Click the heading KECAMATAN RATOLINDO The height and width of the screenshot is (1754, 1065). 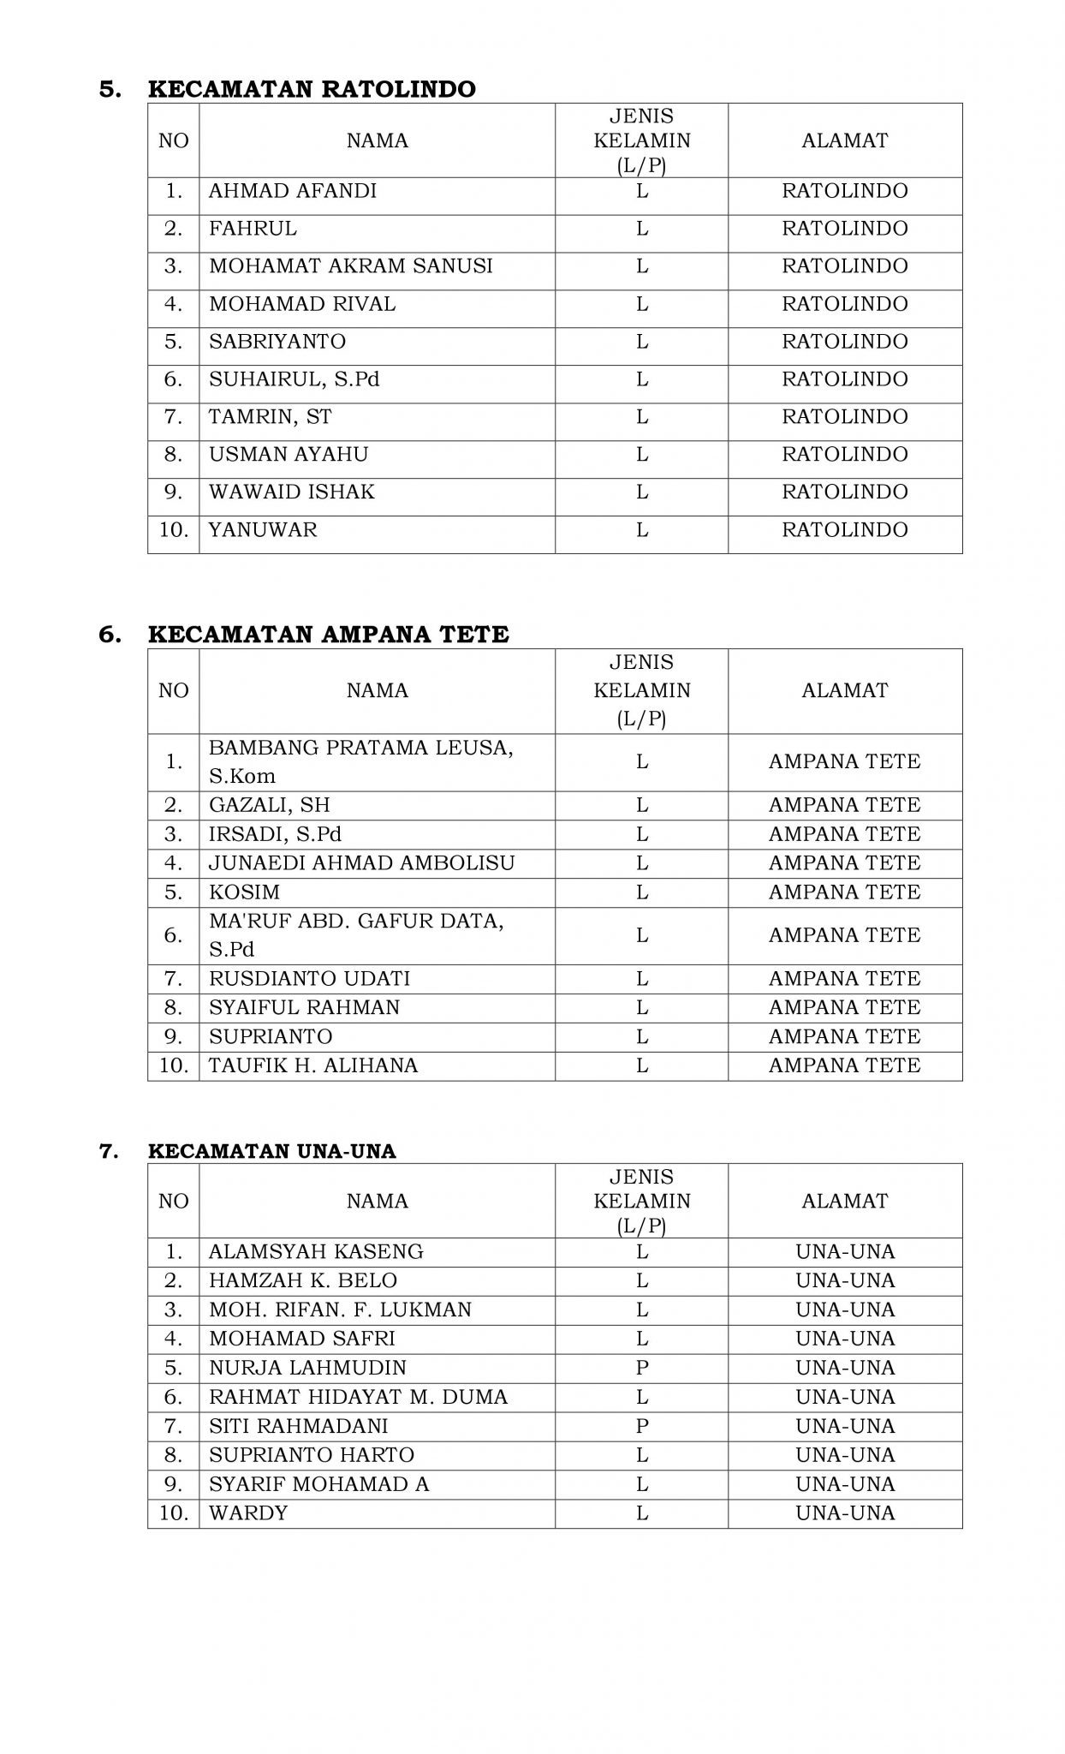click(312, 89)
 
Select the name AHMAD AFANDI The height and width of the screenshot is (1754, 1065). click(293, 191)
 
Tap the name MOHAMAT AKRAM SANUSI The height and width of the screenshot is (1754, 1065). click(351, 266)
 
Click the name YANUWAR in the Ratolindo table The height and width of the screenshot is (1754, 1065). click(263, 530)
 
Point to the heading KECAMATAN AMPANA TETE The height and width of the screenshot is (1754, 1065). click(328, 635)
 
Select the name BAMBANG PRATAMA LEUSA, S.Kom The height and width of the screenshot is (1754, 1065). click(360, 761)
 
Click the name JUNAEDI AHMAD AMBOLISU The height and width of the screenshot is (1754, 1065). click(362, 863)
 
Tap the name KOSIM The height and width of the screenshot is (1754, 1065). click(245, 892)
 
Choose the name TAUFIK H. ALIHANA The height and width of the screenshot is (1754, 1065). click(313, 1065)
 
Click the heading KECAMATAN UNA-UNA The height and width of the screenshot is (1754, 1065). click(272, 1151)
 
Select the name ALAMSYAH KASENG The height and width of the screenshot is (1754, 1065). click(316, 1252)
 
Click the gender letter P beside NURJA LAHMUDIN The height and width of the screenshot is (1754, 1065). click(642, 1368)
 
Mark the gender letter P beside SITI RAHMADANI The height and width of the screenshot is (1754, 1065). click(642, 1426)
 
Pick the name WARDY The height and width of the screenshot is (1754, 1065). click(248, 1513)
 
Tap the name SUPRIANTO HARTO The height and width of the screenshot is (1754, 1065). click(312, 1455)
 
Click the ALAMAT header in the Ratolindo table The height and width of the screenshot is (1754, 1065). click(844, 140)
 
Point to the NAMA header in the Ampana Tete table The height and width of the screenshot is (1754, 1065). click(378, 690)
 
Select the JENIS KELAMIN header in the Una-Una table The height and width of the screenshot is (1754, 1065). click(642, 1200)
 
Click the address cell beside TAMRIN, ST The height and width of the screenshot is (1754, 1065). click(844, 417)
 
